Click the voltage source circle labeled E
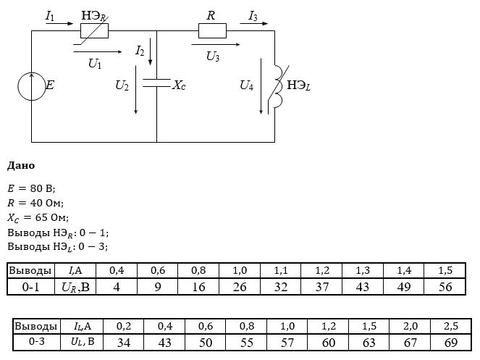pyautogui.click(x=18, y=86)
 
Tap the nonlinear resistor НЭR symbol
pyautogui.click(x=94, y=30)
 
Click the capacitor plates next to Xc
pyautogui.click(x=156, y=83)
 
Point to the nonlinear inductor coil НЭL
pyautogui.click(x=279, y=86)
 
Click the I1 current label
pyautogui.click(x=50, y=16)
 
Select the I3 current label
pyautogui.click(x=253, y=16)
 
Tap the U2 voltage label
pyautogui.click(x=122, y=85)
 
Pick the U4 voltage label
pyautogui.click(x=246, y=85)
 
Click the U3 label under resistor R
pyautogui.click(x=213, y=56)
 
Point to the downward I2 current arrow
pyautogui.click(x=150, y=51)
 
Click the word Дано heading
pyautogui.click(x=21, y=166)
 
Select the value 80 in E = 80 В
pyautogui.click(x=36, y=188)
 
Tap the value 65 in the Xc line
pyautogui.click(x=41, y=217)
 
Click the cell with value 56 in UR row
pyautogui.click(x=445, y=287)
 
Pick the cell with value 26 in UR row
pyautogui.click(x=240, y=287)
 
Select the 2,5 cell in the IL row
pyautogui.click(x=450, y=326)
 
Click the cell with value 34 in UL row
pyautogui.click(x=124, y=342)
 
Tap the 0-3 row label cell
pyautogui.click(x=37, y=342)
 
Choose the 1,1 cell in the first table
pyautogui.click(x=281, y=270)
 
